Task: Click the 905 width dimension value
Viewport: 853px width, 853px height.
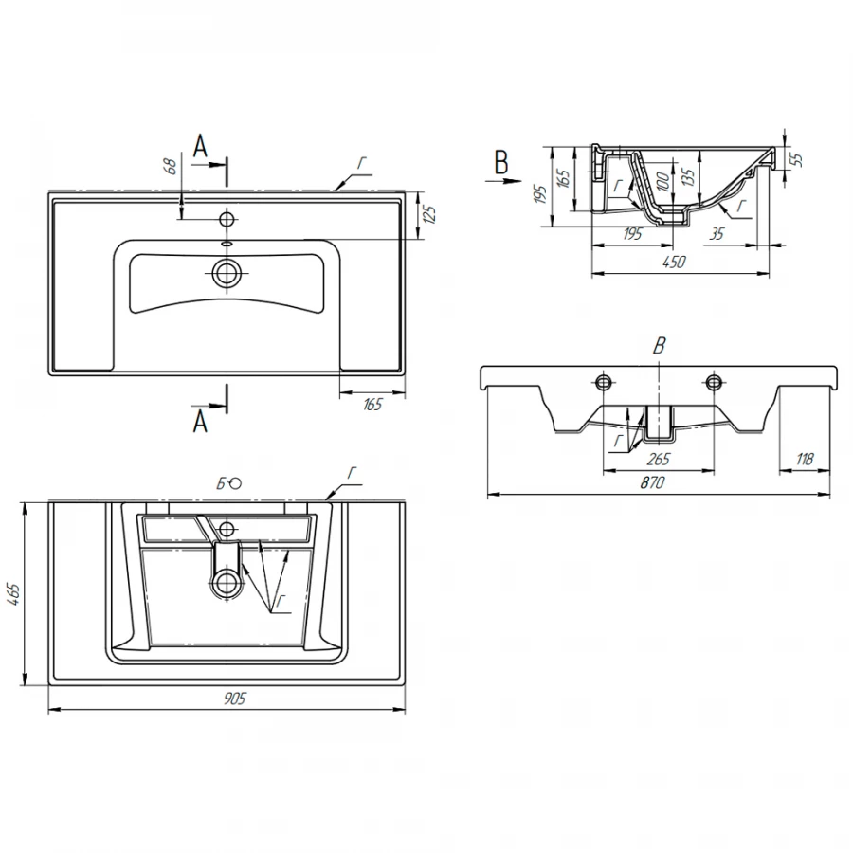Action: [234, 699]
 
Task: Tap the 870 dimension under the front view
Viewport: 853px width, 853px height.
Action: [652, 483]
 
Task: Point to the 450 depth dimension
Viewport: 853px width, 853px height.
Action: [675, 262]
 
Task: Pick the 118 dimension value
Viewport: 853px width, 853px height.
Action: [806, 460]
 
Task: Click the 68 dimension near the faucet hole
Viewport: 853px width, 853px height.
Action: [171, 167]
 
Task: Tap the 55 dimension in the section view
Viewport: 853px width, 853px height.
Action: [797, 157]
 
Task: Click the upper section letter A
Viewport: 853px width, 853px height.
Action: [200, 146]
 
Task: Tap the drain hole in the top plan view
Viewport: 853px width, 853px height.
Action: [227, 274]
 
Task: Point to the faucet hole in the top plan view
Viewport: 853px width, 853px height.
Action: [227, 220]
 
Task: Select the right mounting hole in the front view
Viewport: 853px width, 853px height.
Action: [714, 382]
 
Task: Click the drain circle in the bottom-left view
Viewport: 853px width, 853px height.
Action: [227, 583]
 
